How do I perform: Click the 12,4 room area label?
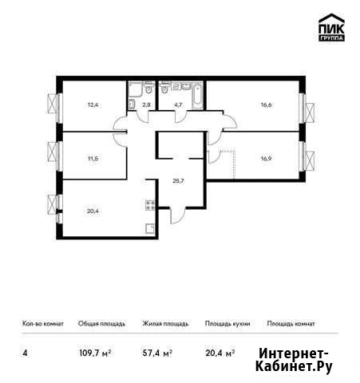click(93, 105)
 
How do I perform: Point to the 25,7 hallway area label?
click(178, 181)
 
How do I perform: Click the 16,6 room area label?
click(266, 105)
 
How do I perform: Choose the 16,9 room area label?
click(266, 159)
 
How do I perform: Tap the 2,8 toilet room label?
click(146, 105)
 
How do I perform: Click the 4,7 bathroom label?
click(178, 105)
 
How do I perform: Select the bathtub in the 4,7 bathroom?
click(197, 96)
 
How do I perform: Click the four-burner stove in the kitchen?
click(150, 205)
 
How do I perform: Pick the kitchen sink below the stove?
click(150, 229)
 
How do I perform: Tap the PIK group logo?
click(331, 27)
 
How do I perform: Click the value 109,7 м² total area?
click(95, 353)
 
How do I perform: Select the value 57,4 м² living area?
click(157, 353)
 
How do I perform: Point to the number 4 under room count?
click(25, 353)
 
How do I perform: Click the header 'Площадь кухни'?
click(227, 324)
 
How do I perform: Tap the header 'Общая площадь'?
click(101, 324)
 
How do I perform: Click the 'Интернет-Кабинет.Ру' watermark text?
click(294, 360)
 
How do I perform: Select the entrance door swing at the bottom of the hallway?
click(177, 215)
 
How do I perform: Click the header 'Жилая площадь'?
click(165, 324)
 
